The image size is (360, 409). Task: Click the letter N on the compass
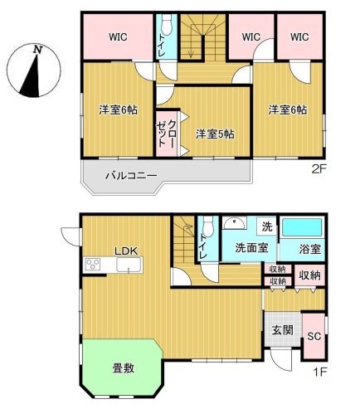pyautogui.click(x=37, y=50)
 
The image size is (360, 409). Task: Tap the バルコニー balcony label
pyautogui.click(x=131, y=175)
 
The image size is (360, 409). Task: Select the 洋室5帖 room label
pyautogui.click(x=215, y=134)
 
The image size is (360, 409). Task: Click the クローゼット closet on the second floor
pyautogui.click(x=167, y=134)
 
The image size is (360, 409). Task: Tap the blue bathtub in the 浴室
pyautogui.click(x=302, y=227)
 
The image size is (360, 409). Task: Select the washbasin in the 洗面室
pyautogui.click(x=235, y=223)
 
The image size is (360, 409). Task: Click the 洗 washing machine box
pyautogui.click(x=267, y=226)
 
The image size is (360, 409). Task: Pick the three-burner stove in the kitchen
pyautogui.click(x=93, y=264)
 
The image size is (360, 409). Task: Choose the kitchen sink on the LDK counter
pyautogui.click(x=129, y=265)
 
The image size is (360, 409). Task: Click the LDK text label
pyautogui.click(x=126, y=251)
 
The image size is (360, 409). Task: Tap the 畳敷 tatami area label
pyautogui.click(x=124, y=368)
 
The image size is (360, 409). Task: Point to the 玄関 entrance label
pyautogui.click(x=282, y=330)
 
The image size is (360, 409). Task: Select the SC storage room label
pyautogui.click(x=314, y=336)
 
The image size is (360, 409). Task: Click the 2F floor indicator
pyautogui.click(x=319, y=168)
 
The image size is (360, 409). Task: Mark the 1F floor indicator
pyautogui.click(x=320, y=372)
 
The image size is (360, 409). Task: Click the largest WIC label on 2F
pyautogui.click(x=118, y=37)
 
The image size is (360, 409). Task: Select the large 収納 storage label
pyautogui.click(x=309, y=275)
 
